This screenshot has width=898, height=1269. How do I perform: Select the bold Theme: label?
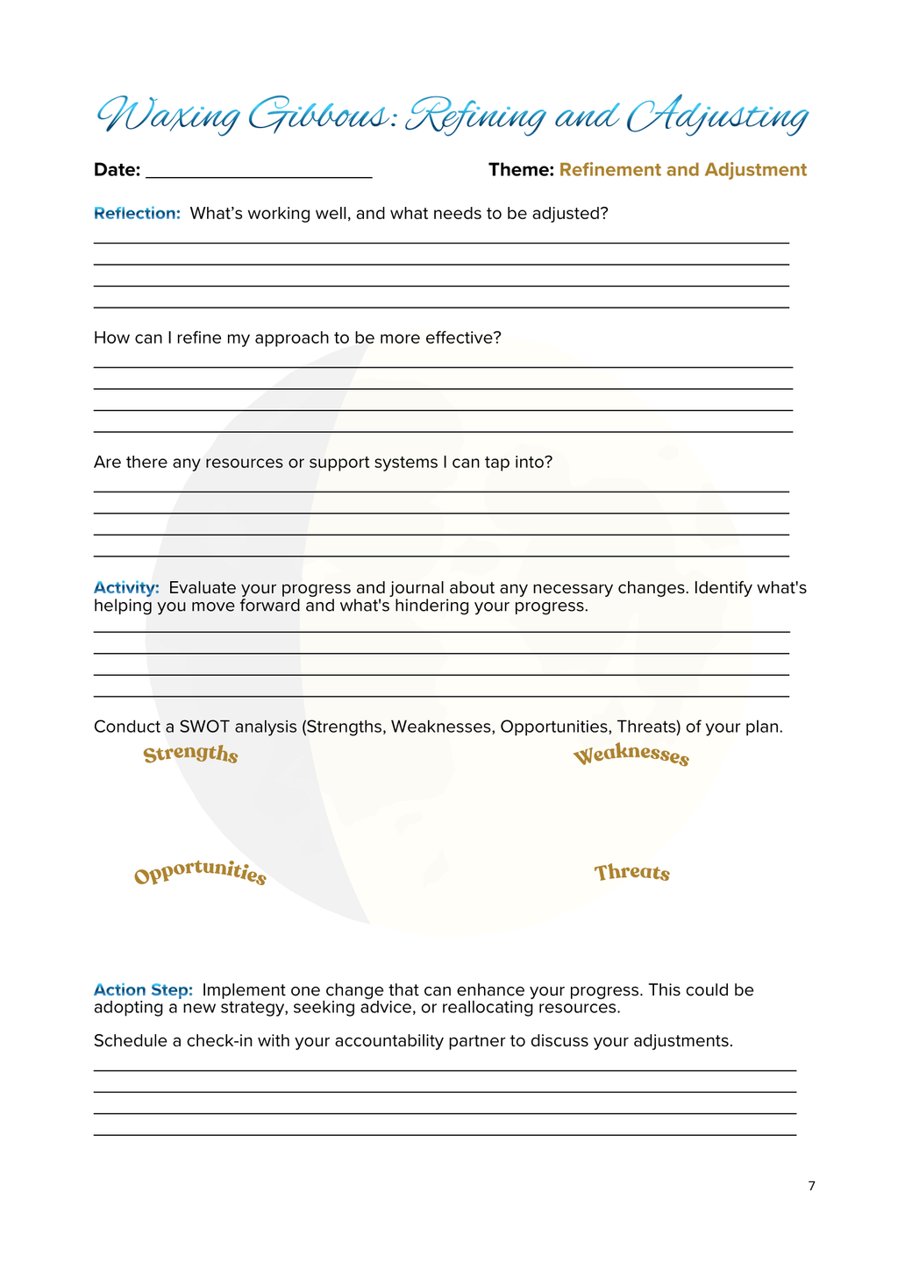521,170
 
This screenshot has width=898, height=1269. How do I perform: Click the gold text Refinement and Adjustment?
682,170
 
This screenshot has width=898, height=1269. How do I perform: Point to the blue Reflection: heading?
137,213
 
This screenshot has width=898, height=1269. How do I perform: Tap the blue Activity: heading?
126,587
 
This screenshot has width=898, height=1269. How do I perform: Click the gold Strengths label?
190,755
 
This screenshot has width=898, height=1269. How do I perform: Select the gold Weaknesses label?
631,756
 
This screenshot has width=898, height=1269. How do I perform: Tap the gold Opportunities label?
200,873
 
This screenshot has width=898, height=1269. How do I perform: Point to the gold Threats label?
631,873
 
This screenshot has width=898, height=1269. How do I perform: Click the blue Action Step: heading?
143,989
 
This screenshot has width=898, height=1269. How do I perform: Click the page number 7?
811,1187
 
